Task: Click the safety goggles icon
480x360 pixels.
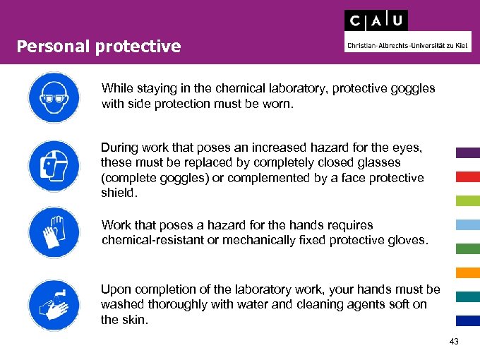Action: pyautogui.click(x=54, y=98)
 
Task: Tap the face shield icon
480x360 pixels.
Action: pyautogui.click(x=54, y=165)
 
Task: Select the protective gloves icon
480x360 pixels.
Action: pyautogui.click(x=54, y=232)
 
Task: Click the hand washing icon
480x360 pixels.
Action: pyautogui.click(x=54, y=304)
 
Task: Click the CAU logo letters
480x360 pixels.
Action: pyautogui.click(x=376, y=20)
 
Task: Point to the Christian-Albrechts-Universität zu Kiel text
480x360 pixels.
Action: pyautogui.click(x=408, y=46)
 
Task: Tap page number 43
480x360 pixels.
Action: pyautogui.click(x=453, y=342)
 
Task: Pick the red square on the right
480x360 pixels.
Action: pyautogui.click(x=468, y=176)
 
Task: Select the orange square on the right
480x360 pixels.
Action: pyautogui.click(x=468, y=272)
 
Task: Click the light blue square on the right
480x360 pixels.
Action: pyautogui.click(x=468, y=224)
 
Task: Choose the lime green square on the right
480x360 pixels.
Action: pyautogui.click(x=468, y=200)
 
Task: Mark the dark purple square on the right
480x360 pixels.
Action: pyautogui.click(x=468, y=152)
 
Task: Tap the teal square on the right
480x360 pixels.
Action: pyautogui.click(x=468, y=296)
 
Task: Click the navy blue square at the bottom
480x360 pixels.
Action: pyautogui.click(x=468, y=320)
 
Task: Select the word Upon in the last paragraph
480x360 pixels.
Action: pyautogui.click(x=115, y=289)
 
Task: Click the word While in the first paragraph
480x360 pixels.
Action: pyautogui.click(x=116, y=89)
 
